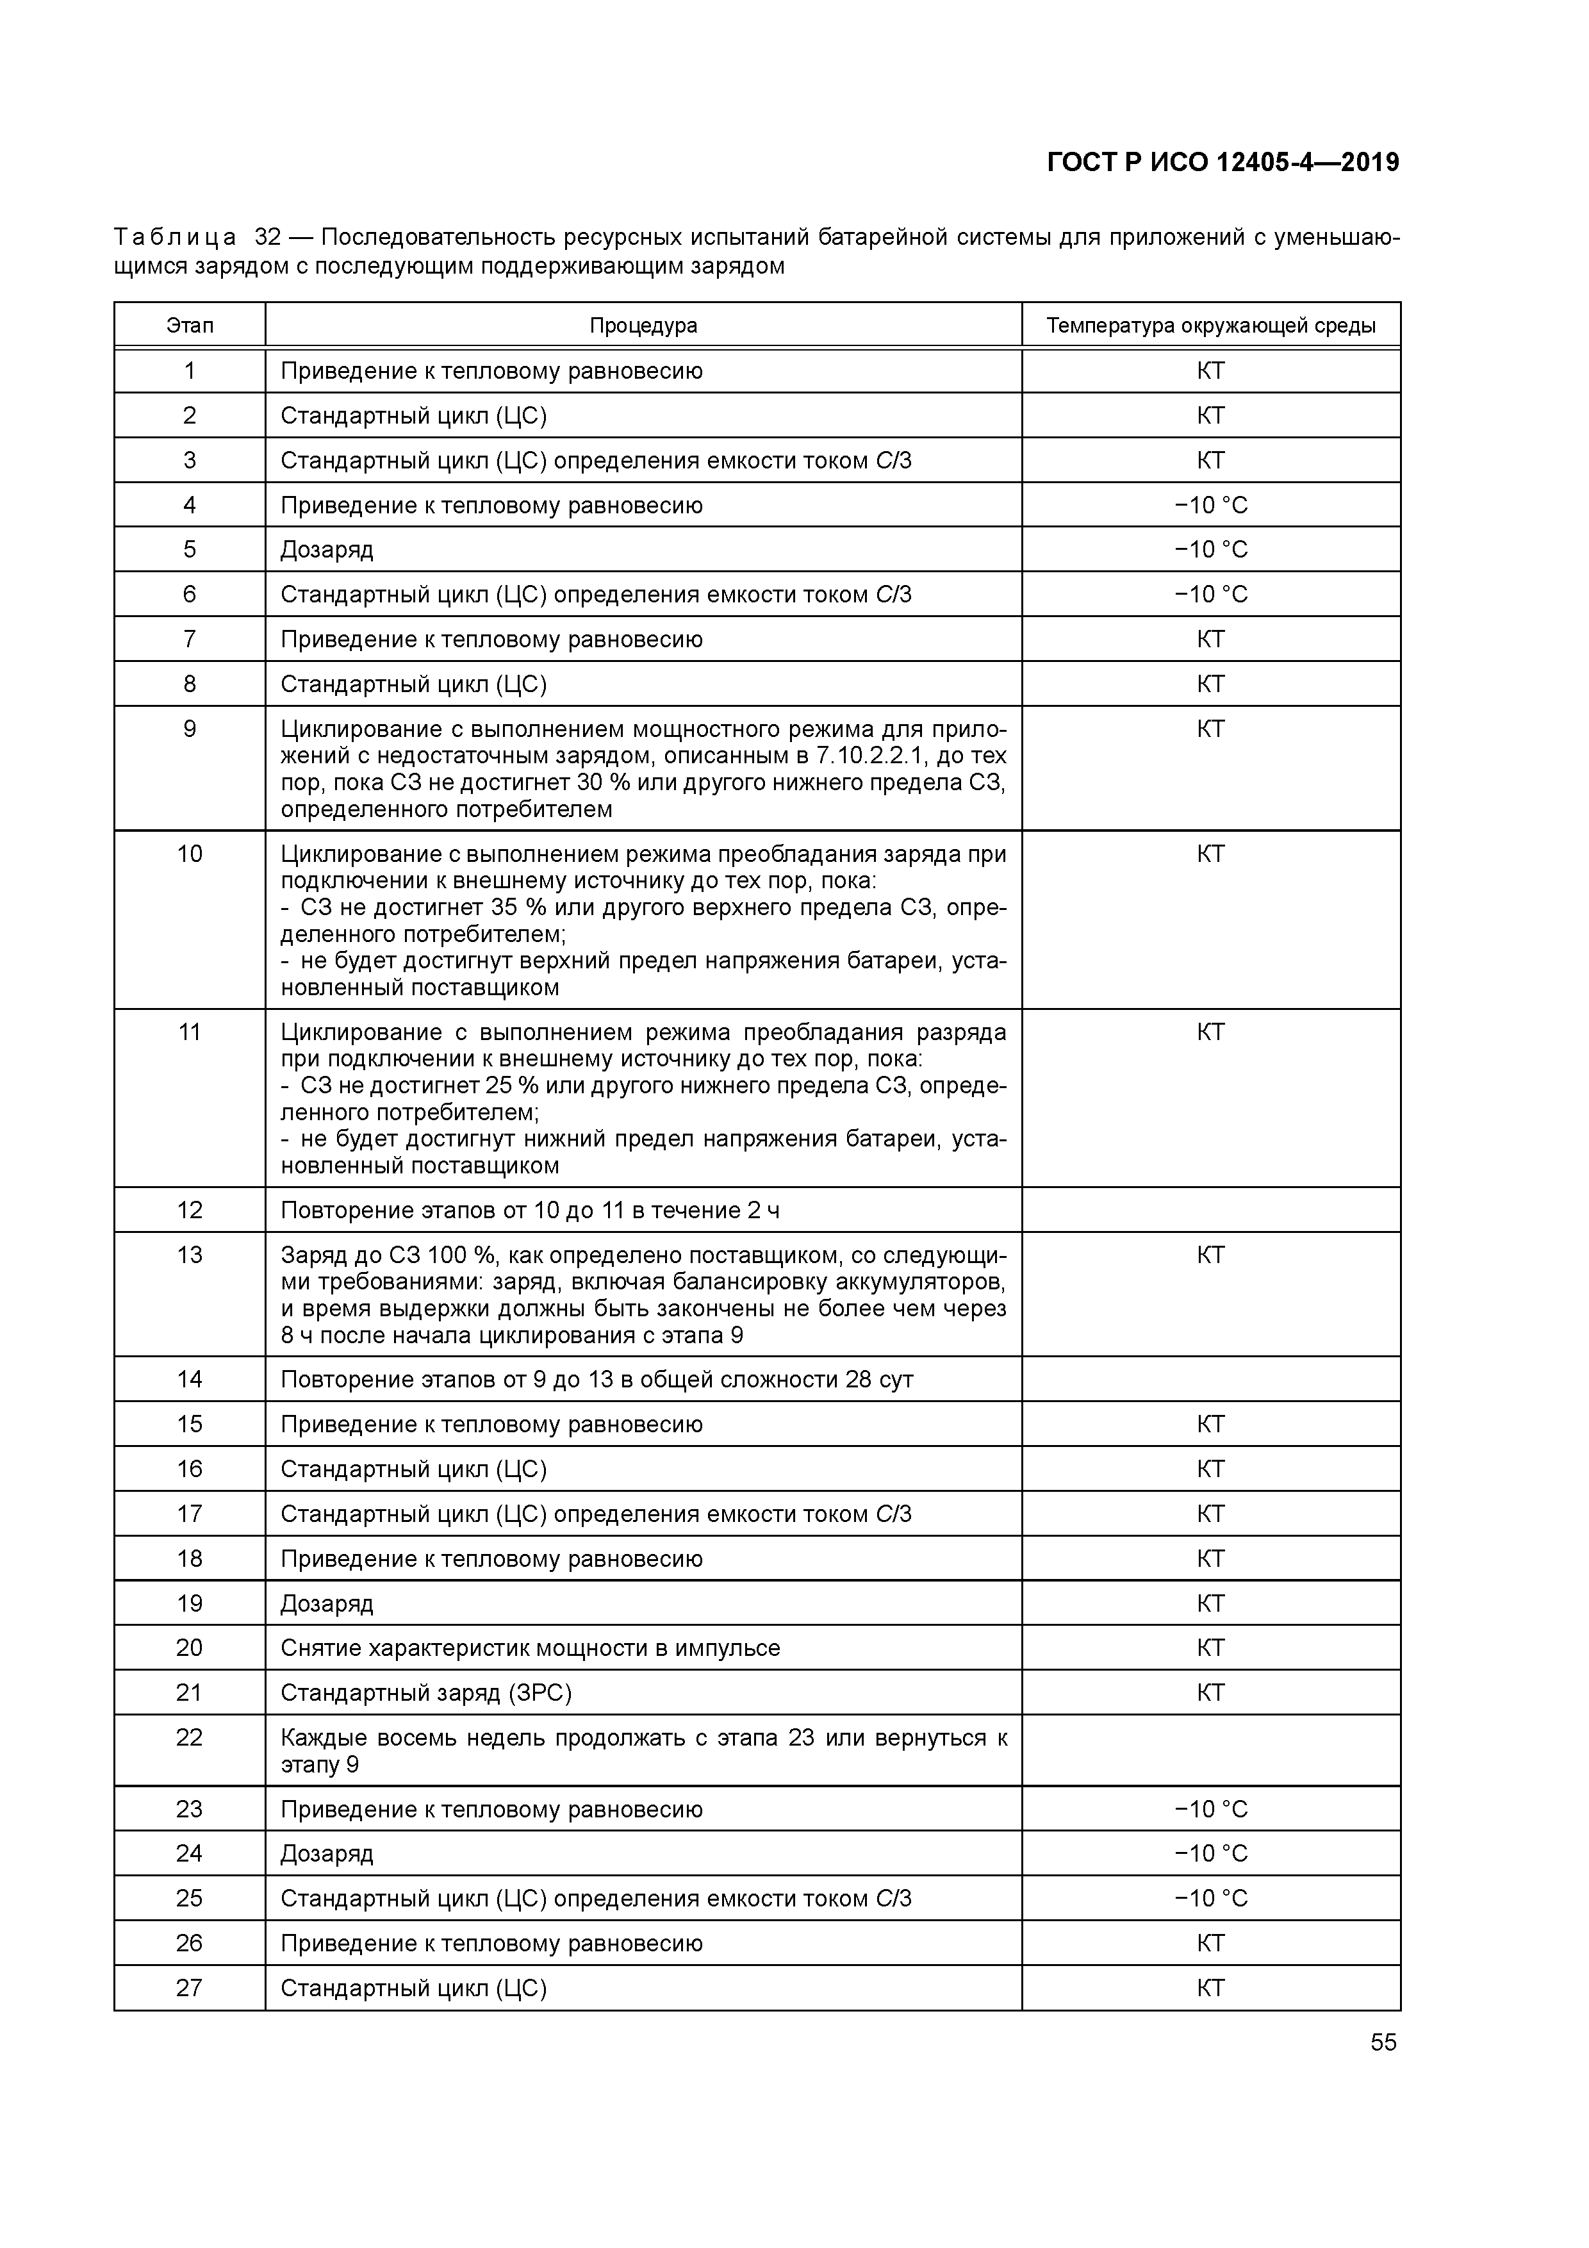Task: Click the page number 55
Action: click(1383, 2042)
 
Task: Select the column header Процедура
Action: click(643, 325)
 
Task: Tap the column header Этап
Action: click(190, 325)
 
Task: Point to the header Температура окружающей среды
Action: click(1210, 325)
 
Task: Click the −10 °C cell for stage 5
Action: click(1211, 549)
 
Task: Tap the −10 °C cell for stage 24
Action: click(1211, 1853)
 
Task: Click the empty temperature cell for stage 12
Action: click(1211, 1210)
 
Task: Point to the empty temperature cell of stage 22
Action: click(1211, 1751)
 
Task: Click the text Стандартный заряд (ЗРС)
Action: click(426, 1693)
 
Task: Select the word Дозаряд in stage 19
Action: click(327, 1604)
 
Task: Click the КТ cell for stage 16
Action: click(1211, 1469)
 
